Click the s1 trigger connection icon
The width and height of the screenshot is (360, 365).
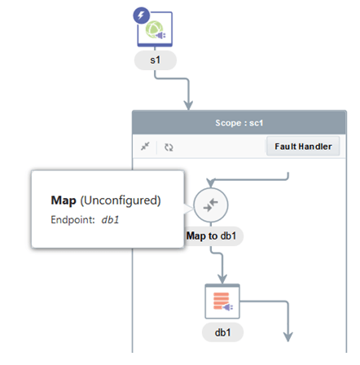155,29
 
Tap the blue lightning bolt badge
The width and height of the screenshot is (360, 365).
141,15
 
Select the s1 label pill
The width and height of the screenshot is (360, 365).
156,60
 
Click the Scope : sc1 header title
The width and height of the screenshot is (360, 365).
239,123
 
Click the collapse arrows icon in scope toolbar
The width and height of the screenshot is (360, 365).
145,147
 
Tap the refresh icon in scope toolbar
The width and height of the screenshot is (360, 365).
169,147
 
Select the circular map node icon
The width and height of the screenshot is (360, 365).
211,205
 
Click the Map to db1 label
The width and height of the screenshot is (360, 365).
211,235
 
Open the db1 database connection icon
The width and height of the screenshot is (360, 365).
222,301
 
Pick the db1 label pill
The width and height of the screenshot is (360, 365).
222,332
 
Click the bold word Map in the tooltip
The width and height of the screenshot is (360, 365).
64,200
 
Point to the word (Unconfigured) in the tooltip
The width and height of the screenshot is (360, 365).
121,200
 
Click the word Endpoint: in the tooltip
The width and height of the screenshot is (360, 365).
72,219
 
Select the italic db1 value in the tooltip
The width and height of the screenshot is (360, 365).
110,219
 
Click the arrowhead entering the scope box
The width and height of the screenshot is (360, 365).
188,105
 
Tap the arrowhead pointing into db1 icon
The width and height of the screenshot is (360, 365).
222,279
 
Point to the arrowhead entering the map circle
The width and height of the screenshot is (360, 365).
211,182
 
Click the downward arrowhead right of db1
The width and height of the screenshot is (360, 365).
288,336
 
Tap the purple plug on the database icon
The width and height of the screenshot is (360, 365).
228,307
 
